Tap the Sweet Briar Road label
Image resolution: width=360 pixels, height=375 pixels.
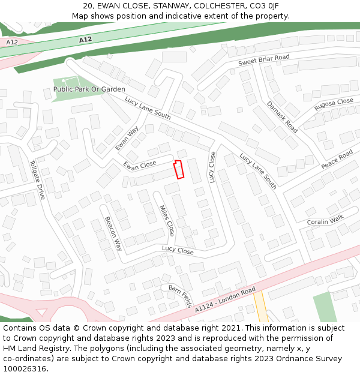(263, 61)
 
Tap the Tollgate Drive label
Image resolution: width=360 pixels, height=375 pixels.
(37, 179)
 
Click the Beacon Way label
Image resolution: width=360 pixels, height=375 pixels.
(113, 233)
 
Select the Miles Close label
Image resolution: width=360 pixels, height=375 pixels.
(166, 220)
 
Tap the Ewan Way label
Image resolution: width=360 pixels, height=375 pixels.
(127, 137)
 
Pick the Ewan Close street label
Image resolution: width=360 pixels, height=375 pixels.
(140, 164)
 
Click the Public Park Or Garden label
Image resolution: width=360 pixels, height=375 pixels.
(89, 89)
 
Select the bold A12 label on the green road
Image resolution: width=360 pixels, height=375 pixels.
(85, 40)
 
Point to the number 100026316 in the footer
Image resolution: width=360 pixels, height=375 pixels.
(24, 369)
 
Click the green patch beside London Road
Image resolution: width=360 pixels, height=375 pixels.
(324, 307)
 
